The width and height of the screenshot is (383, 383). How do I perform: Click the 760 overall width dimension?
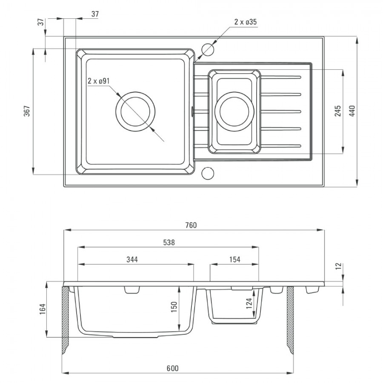191,225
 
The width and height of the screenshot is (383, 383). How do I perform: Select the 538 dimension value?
169,242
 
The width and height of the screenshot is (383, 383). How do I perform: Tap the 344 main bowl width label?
132,260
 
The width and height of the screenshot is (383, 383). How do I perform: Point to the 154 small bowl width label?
235,260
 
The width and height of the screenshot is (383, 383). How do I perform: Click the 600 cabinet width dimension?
172,368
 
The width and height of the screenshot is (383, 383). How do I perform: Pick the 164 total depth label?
43,309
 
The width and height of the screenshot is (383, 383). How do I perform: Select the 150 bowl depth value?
174,307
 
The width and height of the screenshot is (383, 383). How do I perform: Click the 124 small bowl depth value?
249,303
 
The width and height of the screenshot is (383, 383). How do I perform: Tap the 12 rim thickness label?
338,266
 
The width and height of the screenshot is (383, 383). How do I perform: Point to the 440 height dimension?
352,111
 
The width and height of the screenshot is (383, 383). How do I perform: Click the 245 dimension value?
338,111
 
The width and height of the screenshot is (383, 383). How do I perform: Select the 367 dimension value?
27,111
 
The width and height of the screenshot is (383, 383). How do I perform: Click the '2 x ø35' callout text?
246,22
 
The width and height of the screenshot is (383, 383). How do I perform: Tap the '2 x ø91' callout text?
99,81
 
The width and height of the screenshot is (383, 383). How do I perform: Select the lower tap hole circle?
208,173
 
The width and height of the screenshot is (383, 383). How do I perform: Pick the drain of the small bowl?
234,111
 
